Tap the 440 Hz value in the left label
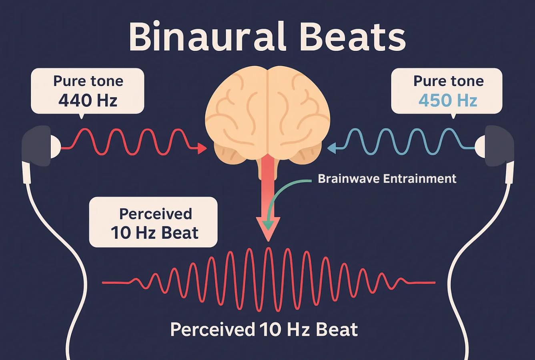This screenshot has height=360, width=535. pyautogui.click(x=88, y=100)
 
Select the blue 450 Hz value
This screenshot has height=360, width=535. pyautogui.click(x=448, y=100)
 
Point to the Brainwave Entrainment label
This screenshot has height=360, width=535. pyautogui.click(x=387, y=178)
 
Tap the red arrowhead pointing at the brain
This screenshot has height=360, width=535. pyautogui.click(x=202, y=149)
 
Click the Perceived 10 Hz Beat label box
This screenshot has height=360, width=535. pyautogui.click(x=153, y=222)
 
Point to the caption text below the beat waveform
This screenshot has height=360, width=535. pyautogui.click(x=264, y=330)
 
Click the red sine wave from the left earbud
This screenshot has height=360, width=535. pyautogui.click(x=128, y=142)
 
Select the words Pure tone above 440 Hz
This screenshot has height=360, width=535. pyautogui.click(x=88, y=81)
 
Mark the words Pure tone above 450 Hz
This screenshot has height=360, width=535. pyautogui.click(x=448, y=81)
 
